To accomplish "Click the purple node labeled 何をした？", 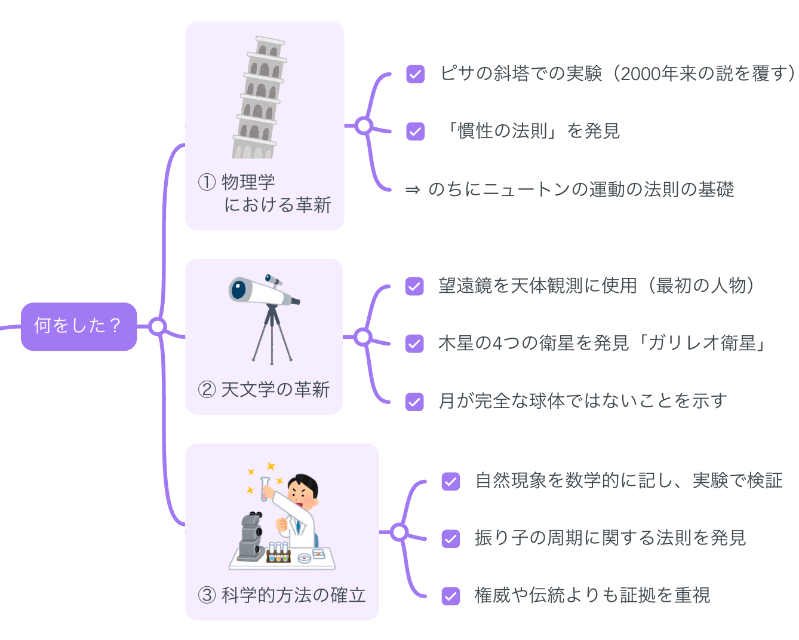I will click(79, 326).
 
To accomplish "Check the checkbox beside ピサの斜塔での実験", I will click(415, 74).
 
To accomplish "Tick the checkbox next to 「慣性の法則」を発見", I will click(415, 131).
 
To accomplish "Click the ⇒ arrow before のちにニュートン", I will click(412, 190).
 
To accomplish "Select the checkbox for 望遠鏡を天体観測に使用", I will click(414, 286).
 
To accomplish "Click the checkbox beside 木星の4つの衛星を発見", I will click(414, 344).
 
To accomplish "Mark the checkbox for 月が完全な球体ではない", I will click(414, 402).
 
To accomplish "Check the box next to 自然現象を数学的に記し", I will click(451, 481).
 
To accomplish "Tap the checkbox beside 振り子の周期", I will click(451, 538).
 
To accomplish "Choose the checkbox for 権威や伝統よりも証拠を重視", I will click(451, 596).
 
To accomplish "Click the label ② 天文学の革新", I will click(264, 390).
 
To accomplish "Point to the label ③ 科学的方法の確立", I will click(282, 595).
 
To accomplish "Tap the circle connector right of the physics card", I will click(364, 126).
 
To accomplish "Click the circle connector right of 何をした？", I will click(158, 326).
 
